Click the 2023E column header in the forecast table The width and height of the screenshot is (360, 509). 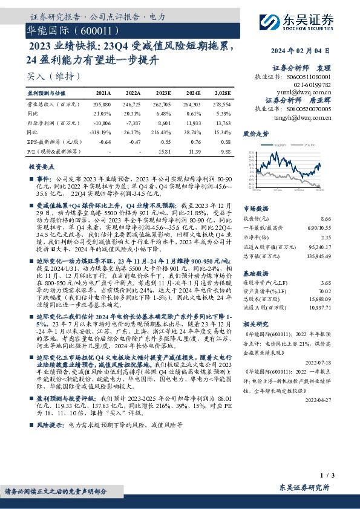point(163,94)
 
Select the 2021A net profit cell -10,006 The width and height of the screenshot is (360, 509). point(102,122)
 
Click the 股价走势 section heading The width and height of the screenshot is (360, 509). point(255,132)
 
